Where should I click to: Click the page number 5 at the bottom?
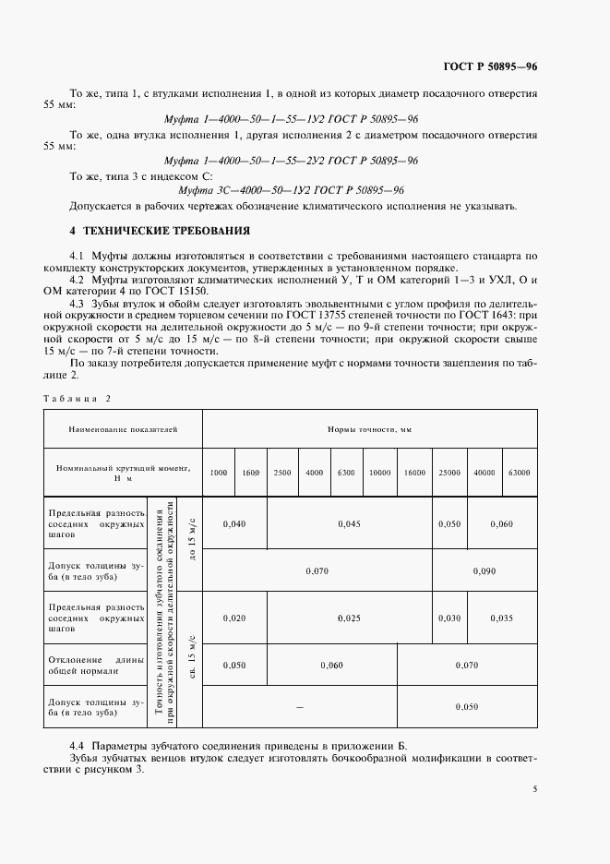pos(535,789)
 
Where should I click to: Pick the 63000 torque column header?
pos(520,473)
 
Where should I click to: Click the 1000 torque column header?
pos(218,473)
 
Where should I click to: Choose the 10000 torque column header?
pos(379,473)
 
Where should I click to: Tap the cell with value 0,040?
pos(234,523)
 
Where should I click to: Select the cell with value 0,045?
pos(350,523)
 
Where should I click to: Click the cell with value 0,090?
pos(484,571)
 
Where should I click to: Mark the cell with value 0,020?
pos(234,618)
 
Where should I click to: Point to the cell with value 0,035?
pos(502,618)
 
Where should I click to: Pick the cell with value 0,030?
pos(449,618)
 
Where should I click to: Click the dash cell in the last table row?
pos(299,706)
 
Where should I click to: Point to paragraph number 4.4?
pos(78,743)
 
